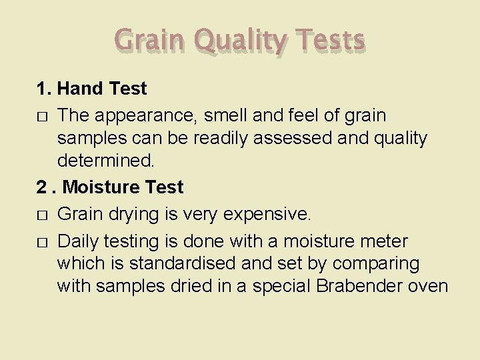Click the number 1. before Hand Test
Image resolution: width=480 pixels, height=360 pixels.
(x=44, y=88)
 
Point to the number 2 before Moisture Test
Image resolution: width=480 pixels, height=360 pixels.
(x=41, y=187)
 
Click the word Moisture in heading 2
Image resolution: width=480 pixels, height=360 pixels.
(x=103, y=187)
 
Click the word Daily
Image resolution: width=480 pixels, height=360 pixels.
(x=78, y=241)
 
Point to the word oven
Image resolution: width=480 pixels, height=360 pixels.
(x=428, y=287)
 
